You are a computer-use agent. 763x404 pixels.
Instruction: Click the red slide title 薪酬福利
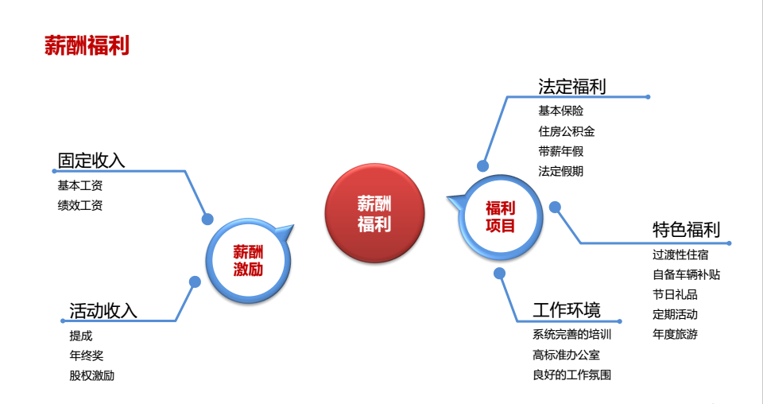click(87, 45)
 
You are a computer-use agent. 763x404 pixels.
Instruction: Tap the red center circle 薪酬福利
click(374, 213)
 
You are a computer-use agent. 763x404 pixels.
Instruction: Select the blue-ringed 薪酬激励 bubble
click(248, 260)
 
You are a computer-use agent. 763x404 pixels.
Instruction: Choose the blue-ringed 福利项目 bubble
click(500, 217)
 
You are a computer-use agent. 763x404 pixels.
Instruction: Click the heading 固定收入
click(91, 160)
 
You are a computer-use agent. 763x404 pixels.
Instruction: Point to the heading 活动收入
click(103, 310)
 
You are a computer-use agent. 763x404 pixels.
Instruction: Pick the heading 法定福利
click(571, 87)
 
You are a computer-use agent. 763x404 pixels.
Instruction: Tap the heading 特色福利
click(686, 229)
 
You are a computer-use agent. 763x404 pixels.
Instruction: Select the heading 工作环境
click(567, 309)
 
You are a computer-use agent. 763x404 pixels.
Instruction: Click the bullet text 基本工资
click(80, 185)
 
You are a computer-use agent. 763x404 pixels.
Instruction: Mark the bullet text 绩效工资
click(80, 205)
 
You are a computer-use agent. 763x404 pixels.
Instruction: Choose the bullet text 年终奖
click(87, 355)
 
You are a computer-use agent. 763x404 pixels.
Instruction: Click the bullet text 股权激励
click(92, 376)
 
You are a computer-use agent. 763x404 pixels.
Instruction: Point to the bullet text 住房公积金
click(567, 131)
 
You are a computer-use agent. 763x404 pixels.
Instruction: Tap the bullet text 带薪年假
click(560, 151)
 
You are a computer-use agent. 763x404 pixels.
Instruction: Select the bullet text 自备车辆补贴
click(686, 274)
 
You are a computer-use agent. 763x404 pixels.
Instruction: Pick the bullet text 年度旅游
click(675, 334)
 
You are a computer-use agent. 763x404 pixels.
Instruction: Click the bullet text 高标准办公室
click(567, 355)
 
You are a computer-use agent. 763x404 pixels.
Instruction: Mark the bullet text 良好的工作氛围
click(571, 375)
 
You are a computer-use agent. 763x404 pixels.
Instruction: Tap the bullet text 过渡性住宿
click(680, 254)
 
